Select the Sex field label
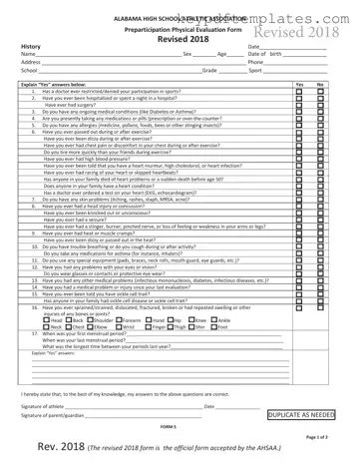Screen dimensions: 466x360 pos(184,54)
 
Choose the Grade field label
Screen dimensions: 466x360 pos(209,71)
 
